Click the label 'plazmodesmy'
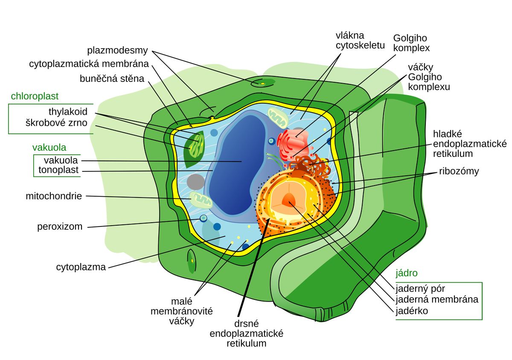click(x=117, y=50)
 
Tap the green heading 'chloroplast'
click(x=35, y=96)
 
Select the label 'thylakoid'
click(x=68, y=112)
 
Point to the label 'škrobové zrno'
click(x=56, y=123)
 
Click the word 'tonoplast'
click(x=58, y=170)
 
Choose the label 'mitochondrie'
click(x=54, y=196)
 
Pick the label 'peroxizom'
click(x=60, y=227)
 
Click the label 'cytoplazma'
click(x=81, y=267)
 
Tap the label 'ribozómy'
click(x=459, y=171)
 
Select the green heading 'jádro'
click(x=407, y=273)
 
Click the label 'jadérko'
click(x=412, y=311)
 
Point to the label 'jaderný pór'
click(x=420, y=289)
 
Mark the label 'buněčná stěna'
click(x=112, y=79)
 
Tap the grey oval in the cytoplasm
click(x=196, y=182)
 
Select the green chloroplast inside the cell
click(x=194, y=149)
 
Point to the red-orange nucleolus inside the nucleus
click(x=289, y=199)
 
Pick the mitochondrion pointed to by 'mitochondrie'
click(x=201, y=200)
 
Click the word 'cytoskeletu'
click(x=360, y=46)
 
